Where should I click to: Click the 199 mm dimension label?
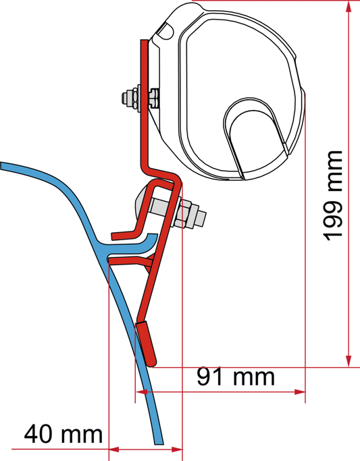point(333,196)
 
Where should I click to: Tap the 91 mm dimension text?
point(236,377)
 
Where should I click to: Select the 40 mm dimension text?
point(63,434)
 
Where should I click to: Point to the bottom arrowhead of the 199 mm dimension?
point(349,361)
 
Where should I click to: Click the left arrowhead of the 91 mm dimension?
point(141,392)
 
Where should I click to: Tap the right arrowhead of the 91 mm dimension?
point(300,392)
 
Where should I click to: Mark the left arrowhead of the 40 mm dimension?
point(114,450)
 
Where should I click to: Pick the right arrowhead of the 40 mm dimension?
point(177,450)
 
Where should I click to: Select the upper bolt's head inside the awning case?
point(154,98)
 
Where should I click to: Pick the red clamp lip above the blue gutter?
point(124,235)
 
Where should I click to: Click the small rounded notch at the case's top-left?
point(166,30)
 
